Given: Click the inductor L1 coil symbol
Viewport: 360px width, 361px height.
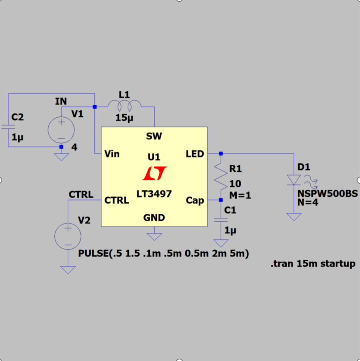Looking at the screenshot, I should pos(124,105).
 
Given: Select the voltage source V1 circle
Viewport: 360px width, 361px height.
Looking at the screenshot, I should pos(61,129).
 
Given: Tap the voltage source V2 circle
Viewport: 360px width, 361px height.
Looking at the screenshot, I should pos(68,236).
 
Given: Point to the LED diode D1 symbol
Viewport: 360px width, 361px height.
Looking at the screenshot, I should pos(293,180).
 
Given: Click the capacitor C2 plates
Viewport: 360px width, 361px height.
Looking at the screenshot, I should pos(8,127).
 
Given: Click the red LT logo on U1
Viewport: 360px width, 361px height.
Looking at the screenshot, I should pos(154,173).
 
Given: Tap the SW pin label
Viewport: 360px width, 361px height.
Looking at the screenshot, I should pos(154,137).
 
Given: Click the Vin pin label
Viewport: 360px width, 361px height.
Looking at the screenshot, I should pos(112,153).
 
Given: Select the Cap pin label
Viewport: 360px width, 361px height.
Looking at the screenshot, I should pos(195,200).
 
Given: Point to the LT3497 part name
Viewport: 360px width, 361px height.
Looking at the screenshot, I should pos(154,194).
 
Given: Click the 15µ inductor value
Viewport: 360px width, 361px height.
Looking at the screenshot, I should pos(124,118).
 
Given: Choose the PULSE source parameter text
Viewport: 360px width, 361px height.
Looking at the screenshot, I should pos(164,253).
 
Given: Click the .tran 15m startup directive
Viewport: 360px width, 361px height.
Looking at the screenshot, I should pos(312,264).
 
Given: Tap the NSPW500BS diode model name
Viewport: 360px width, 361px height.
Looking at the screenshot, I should pos(328,194).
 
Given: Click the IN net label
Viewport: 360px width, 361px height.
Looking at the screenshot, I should pos(61,102).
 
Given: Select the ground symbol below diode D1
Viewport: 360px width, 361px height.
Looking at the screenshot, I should pos(293,217).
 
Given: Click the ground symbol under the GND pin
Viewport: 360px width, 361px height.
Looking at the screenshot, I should pos(154,236).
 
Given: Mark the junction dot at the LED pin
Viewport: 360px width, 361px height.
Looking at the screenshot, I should pos(221,153).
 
